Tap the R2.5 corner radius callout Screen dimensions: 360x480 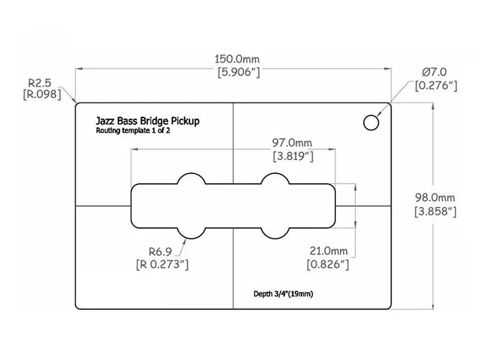(39, 83)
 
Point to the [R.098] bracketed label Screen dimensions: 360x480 (41, 95)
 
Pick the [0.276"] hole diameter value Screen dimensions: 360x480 (436, 85)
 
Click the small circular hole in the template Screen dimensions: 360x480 (371, 122)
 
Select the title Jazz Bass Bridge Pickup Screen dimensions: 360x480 (148, 121)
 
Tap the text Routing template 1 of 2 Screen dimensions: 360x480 (133, 131)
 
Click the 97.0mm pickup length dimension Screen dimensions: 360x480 (292, 143)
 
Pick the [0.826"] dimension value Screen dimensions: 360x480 (328, 264)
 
